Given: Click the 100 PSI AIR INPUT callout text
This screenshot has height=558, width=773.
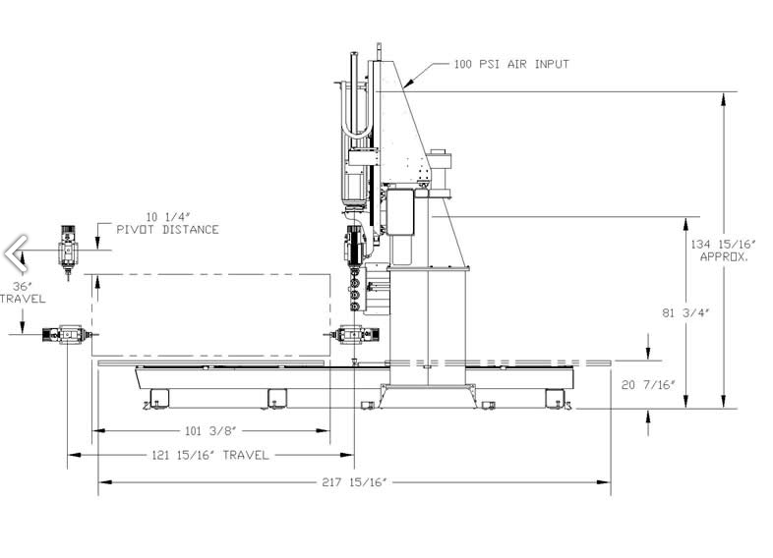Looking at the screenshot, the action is (x=511, y=64).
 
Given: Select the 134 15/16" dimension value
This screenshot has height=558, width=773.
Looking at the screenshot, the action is (x=723, y=245).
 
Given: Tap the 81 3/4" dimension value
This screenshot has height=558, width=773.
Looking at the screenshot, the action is (x=685, y=312).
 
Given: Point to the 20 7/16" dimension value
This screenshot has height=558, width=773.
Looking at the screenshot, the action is (x=648, y=385).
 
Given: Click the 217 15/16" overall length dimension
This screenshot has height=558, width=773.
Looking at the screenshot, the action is (x=354, y=482).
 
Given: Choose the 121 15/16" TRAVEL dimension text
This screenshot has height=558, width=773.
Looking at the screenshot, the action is (x=210, y=455).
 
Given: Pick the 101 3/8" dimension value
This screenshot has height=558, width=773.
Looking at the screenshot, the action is (x=210, y=431).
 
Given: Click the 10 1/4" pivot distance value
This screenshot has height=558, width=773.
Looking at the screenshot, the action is (x=167, y=217).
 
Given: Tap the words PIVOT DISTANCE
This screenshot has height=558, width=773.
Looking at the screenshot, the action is (x=167, y=230).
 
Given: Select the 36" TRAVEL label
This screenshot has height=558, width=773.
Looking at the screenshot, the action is (x=23, y=293).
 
